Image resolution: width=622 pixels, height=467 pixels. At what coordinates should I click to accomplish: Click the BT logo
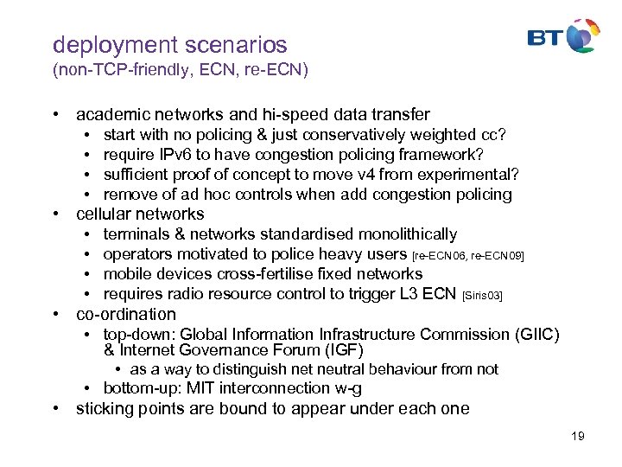pyautogui.click(x=563, y=37)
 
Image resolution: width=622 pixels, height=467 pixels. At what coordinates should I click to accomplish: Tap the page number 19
pyautogui.click(x=577, y=436)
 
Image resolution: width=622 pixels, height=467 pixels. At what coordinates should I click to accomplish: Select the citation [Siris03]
pyautogui.click(x=483, y=296)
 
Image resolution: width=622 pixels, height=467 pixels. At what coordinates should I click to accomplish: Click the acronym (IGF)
pyautogui.click(x=343, y=350)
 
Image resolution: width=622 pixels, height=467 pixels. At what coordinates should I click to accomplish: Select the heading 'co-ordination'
pyautogui.click(x=126, y=314)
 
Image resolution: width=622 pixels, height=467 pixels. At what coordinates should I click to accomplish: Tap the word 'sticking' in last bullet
pyautogui.click(x=105, y=408)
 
